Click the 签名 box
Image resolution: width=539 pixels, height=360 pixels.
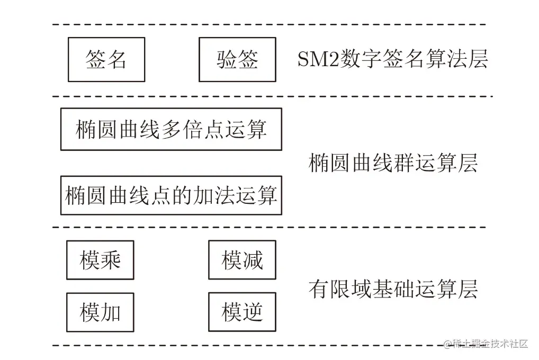point(106,59)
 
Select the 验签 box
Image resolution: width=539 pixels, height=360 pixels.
point(237,59)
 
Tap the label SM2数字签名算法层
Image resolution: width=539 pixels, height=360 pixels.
point(392,59)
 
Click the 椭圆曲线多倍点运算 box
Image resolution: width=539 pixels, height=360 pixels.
point(171,129)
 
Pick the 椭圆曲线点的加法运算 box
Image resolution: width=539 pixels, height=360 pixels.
point(171,195)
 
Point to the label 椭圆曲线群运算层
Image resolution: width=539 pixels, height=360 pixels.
point(393,163)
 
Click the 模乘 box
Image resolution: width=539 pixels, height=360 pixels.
point(100,260)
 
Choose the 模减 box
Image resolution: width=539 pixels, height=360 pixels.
point(242,260)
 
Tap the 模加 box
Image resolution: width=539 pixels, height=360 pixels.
point(100,312)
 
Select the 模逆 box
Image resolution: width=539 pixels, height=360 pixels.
point(242,312)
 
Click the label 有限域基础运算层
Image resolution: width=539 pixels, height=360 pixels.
point(393,289)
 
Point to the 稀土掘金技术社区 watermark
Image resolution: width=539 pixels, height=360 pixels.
point(486,344)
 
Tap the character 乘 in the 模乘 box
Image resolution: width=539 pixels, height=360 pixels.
point(111,260)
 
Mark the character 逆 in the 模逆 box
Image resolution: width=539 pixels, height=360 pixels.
point(253,312)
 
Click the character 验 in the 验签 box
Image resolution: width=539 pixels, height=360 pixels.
point(227,59)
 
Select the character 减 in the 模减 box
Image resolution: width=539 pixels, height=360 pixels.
point(253,260)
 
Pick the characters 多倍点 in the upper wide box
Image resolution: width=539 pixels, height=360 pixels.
point(192,129)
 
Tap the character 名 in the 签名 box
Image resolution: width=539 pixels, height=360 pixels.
point(117,59)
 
